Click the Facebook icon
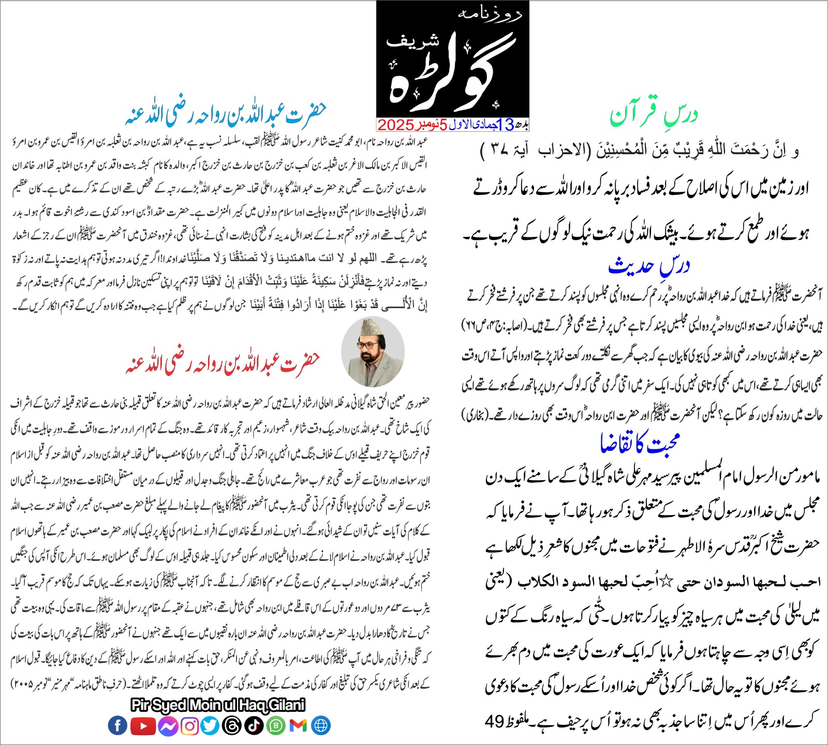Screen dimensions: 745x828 point(117,725)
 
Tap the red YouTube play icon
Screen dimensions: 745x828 point(143,725)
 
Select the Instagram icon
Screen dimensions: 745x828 point(190,726)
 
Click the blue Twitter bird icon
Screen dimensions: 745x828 point(210,726)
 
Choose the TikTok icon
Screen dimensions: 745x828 point(254,726)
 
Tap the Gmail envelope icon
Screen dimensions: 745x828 point(298,726)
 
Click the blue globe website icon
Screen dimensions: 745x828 point(321,725)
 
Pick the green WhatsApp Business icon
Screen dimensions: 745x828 point(276,726)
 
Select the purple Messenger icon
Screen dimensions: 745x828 point(168,726)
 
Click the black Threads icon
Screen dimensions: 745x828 point(231,726)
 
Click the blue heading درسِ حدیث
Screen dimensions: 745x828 point(649,266)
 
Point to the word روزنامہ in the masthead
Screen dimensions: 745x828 point(489,14)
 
